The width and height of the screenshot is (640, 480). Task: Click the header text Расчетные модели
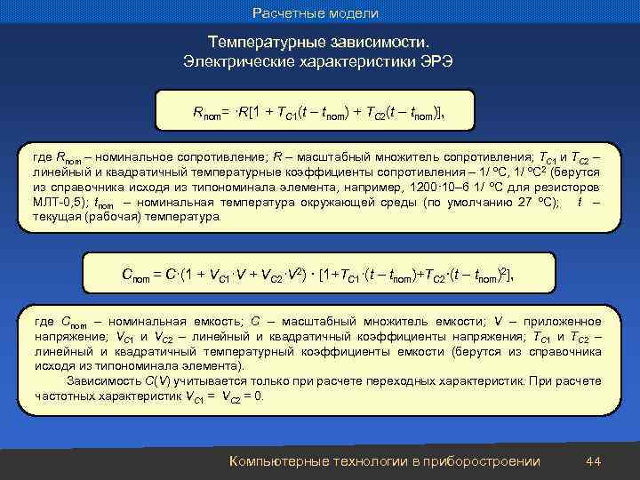click(x=316, y=13)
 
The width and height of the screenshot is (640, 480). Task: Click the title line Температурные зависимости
click(x=318, y=44)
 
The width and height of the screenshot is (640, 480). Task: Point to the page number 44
click(x=595, y=460)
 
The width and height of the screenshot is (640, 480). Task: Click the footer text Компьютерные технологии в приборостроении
click(x=384, y=460)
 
